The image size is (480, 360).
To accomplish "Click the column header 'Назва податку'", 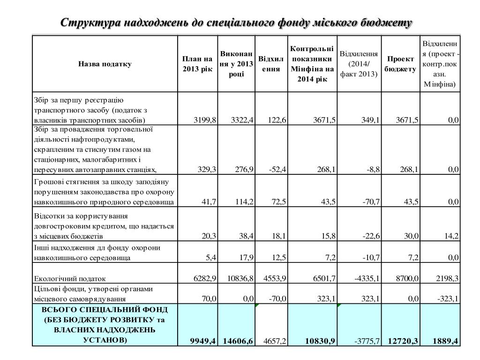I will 105,64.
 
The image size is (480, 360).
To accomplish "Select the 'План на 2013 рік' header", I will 197,64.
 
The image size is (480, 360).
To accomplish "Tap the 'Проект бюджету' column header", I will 400,64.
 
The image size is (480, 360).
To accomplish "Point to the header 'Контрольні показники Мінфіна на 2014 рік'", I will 312,64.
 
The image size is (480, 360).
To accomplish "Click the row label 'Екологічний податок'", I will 70,278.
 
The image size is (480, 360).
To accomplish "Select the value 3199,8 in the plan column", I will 205,120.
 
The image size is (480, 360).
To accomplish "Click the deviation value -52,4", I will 277,169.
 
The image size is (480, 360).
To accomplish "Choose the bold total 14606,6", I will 238,341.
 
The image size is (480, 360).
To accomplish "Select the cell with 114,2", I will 243,202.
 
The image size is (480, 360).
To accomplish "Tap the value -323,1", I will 447,299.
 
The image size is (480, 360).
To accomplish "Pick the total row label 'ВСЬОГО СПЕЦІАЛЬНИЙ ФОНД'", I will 105,310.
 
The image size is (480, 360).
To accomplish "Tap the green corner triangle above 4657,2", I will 256,306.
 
